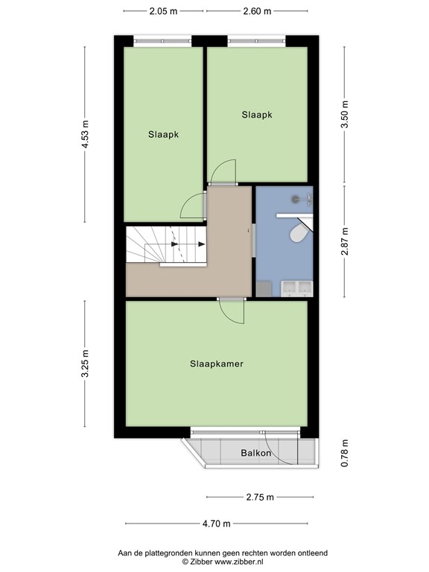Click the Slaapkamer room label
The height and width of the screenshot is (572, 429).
tap(217, 364)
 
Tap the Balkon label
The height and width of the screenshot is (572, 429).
tap(255, 453)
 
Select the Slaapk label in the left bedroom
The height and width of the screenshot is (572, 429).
tap(163, 135)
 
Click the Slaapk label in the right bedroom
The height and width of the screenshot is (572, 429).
tap(257, 115)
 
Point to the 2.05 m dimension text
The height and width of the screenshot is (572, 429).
tap(163, 11)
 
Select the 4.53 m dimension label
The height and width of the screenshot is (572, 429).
tap(86, 135)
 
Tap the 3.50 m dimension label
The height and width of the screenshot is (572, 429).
tap(344, 115)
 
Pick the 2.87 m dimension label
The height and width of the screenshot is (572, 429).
tap(344, 241)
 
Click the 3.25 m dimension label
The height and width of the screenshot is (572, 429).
tap(86, 364)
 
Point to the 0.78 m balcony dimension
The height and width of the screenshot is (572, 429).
tap(344, 453)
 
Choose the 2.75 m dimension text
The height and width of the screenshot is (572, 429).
tap(259, 498)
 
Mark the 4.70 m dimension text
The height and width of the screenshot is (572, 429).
tap(217, 524)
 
